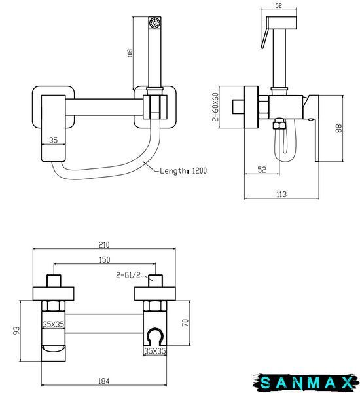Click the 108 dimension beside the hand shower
(130, 53)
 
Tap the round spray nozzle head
(155, 22)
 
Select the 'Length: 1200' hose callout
(183, 171)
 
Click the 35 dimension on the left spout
(54, 140)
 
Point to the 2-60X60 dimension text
(215, 107)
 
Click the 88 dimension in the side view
(338, 128)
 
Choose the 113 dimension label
(281, 195)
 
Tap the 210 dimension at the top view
(104, 244)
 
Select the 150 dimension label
(105, 259)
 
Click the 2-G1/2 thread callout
(128, 276)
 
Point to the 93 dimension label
(16, 331)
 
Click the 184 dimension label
(103, 381)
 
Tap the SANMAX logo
(306, 383)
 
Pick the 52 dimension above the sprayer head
(279, 5)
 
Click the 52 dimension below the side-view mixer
(262, 170)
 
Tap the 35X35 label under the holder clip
(155, 351)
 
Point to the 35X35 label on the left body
(54, 324)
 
